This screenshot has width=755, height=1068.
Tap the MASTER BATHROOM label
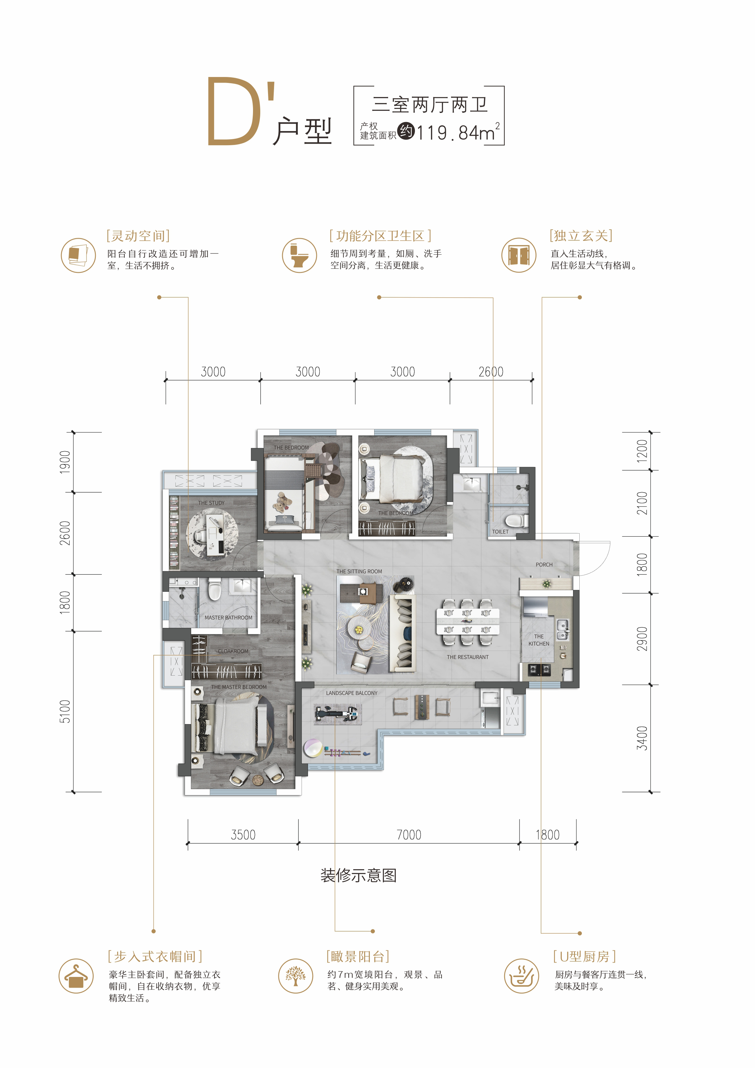[229, 618]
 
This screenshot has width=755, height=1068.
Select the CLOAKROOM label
[233, 651]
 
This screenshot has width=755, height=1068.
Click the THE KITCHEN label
[539, 640]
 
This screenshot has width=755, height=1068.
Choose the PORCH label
[544, 565]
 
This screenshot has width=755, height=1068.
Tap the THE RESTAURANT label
[468, 657]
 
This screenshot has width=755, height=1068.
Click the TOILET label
[500, 532]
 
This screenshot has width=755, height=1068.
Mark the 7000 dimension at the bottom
[409, 835]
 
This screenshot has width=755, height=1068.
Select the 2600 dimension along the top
[491, 372]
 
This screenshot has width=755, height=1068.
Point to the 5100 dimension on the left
[65, 712]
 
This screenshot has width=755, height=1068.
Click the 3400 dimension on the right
[642, 738]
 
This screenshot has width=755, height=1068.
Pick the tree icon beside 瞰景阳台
[295, 976]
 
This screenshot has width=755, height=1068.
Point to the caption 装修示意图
[359, 876]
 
